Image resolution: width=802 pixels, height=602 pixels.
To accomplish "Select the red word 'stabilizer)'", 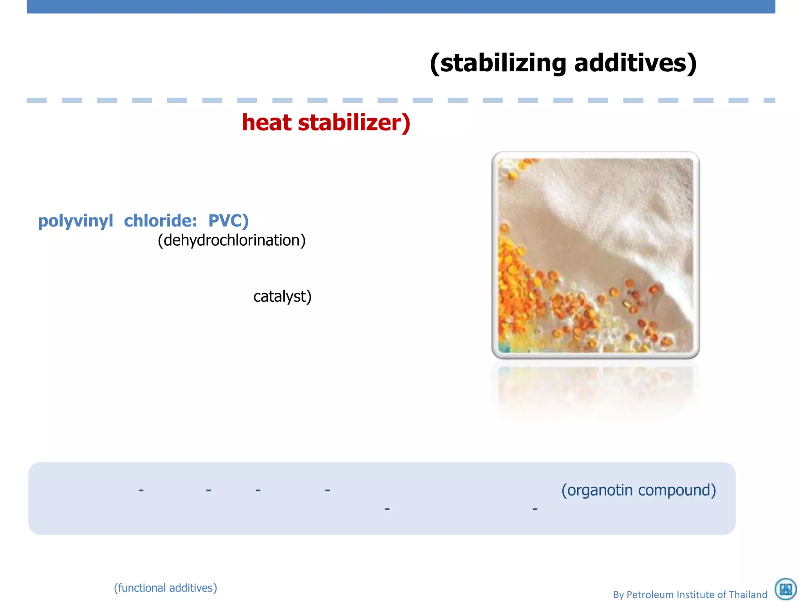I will (354, 122).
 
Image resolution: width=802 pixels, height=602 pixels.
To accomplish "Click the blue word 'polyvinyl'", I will (75, 221).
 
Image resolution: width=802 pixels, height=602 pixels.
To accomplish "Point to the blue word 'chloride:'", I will (161, 221).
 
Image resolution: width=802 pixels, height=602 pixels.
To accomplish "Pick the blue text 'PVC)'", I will (228, 221).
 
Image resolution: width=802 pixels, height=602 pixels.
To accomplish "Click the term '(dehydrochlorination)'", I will (231, 240).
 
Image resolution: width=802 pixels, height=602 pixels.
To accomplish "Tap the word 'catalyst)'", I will (282, 296).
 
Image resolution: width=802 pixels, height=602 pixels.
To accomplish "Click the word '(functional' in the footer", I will (139, 588).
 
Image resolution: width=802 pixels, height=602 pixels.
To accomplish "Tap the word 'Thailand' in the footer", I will (747, 595).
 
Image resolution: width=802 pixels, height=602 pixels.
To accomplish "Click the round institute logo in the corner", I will (786, 589).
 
